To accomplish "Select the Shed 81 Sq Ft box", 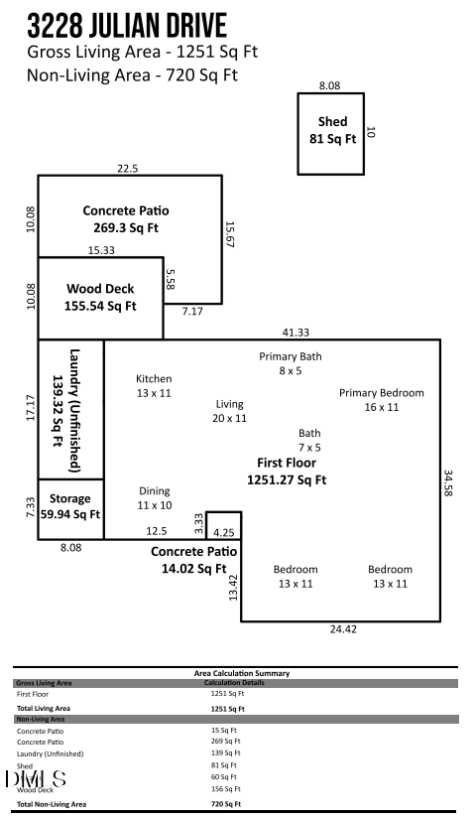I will (332, 132).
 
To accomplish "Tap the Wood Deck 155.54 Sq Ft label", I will (100, 298).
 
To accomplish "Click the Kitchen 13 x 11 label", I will (154, 386).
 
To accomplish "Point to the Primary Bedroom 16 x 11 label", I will (381, 400).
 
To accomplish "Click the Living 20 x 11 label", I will (230, 412).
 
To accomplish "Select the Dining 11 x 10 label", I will (154, 498).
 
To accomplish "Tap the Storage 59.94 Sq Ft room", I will (70, 506).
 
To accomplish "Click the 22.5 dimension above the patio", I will (127, 169).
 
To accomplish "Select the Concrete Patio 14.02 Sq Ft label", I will (194, 560).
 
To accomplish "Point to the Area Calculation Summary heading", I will (242, 673).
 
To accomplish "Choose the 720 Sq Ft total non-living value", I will (228, 804).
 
